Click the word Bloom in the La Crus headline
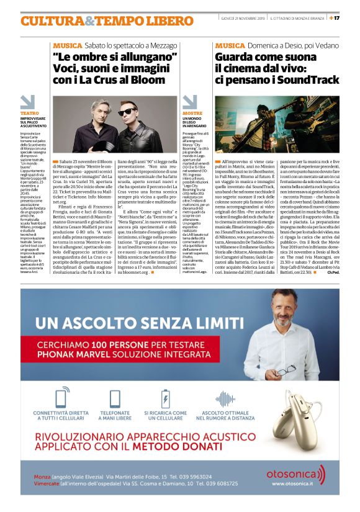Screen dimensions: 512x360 [x=150, y=79]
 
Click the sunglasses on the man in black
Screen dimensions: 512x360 [x=145, y=110]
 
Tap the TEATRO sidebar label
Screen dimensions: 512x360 [x=29, y=114]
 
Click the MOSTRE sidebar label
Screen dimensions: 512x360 [x=192, y=114]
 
